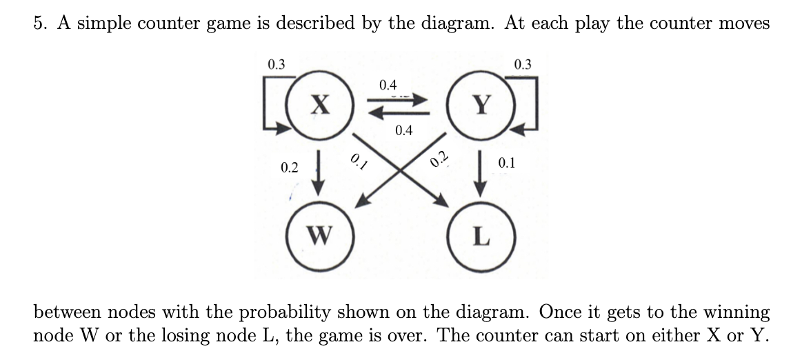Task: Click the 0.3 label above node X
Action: pyautogui.click(x=276, y=66)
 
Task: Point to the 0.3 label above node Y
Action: pyautogui.click(x=523, y=66)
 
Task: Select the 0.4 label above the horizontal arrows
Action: pyautogui.click(x=388, y=86)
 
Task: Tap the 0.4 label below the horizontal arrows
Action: pyautogui.click(x=404, y=131)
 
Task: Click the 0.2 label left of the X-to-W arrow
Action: pyautogui.click(x=290, y=168)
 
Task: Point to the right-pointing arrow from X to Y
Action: pyautogui.click(x=397, y=100)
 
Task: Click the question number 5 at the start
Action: pyautogui.click(x=39, y=23)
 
